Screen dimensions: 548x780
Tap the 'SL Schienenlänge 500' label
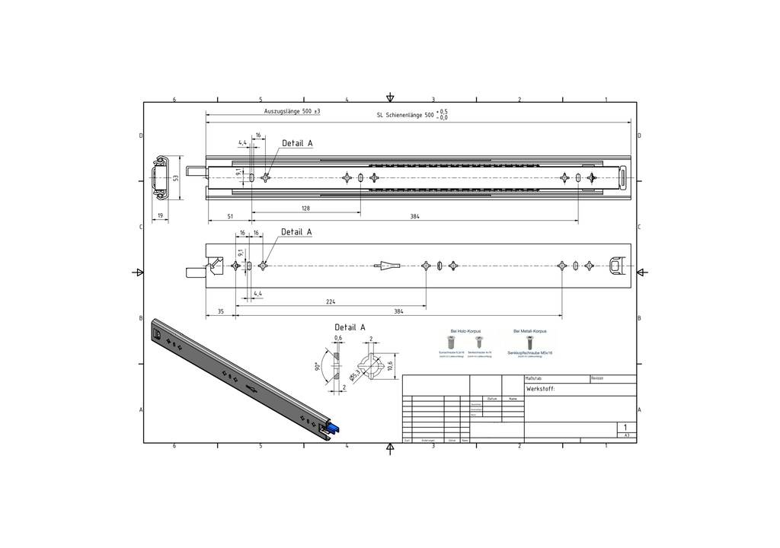click(405, 115)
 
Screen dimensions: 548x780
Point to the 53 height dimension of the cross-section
click(175, 177)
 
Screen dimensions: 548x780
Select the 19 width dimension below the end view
click(160, 216)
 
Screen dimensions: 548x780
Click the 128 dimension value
click(305, 208)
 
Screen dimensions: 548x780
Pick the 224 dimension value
click(331, 302)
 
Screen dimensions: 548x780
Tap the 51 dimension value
click(230, 217)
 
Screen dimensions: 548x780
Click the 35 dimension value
click(221, 311)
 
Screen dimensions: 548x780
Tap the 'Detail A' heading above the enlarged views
click(350, 327)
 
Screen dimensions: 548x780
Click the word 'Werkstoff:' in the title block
click(541, 389)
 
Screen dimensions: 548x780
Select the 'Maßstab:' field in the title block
click(534, 378)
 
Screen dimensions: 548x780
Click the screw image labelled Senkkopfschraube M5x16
click(531, 343)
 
